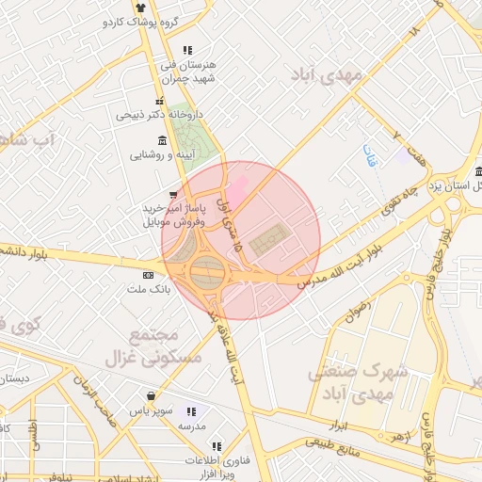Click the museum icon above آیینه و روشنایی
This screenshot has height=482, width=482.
tap(151, 140)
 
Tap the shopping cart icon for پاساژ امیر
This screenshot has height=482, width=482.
tap(172, 195)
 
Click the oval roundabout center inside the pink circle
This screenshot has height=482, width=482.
tap(208, 274)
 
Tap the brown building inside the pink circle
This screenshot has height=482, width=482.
tap(268, 236)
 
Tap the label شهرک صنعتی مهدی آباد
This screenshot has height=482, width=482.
tap(358, 382)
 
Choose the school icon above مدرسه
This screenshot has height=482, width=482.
tap(192, 411)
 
